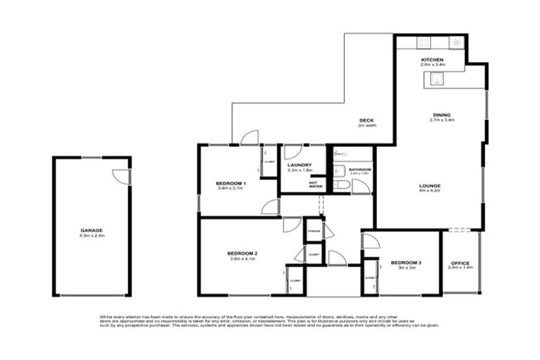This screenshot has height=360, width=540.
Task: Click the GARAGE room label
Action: tap(91, 230)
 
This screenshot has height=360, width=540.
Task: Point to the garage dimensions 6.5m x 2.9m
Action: tap(91, 236)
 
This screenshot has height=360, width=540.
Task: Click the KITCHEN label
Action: tap(431, 60)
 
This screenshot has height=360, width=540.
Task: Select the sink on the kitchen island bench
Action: tap(436, 79)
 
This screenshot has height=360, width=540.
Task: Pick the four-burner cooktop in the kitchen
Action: tap(456, 42)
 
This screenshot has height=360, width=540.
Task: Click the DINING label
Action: tap(442, 115)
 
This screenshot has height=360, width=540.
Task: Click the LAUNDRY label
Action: tap(300, 165)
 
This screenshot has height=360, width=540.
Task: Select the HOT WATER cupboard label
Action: tap(316, 184)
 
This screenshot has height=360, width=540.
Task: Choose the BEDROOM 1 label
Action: tap(229, 183)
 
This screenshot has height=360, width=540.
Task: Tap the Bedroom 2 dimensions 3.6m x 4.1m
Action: tap(242, 259)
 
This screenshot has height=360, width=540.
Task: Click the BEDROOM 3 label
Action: tap(406, 262)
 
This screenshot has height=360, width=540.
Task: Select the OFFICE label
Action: tap(460, 263)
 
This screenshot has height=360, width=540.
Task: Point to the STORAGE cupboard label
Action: tap(314, 231)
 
